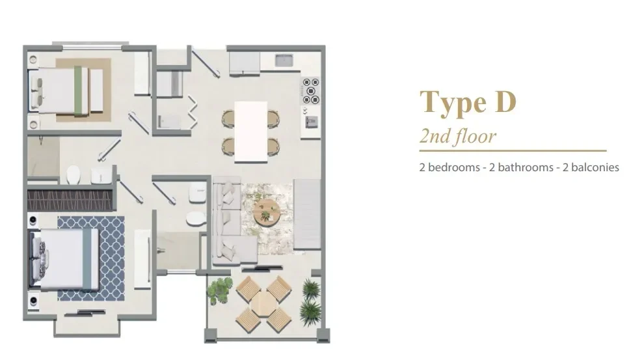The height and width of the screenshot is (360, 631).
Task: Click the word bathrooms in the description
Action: (x=516, y=167)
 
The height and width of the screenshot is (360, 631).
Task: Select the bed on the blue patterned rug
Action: (x=66, y=256)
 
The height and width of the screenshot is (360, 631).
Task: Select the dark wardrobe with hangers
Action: (x=70, y=199)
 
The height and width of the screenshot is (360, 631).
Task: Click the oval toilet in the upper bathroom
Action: (x=74, y=174)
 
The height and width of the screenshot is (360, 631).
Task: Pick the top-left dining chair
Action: (x=228, y=118)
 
